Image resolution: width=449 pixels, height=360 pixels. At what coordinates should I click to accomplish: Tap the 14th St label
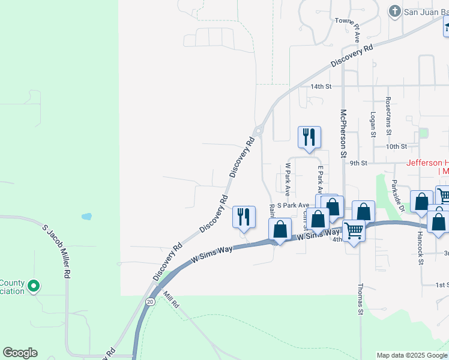[321, 86]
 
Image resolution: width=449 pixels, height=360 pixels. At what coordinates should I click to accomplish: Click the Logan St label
[373, 124]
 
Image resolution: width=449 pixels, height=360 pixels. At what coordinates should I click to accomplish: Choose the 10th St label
[397, 146]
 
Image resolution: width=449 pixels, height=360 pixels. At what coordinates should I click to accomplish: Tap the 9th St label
[358, 163]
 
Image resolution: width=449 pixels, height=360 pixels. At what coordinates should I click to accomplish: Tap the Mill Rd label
[171, 300]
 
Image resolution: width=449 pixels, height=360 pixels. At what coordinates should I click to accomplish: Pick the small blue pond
[87, 216]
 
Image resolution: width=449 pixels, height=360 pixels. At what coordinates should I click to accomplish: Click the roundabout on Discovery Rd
[259, 131]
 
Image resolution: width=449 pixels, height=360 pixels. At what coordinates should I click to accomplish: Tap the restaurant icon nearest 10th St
[309, 137]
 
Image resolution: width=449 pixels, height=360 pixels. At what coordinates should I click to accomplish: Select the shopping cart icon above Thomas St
[354, 229]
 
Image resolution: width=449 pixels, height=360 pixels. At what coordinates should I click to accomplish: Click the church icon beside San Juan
[394, 11]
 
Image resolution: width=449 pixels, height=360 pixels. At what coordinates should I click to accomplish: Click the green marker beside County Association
[34, 287]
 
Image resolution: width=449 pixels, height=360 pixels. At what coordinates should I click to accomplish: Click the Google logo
[20, 353]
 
